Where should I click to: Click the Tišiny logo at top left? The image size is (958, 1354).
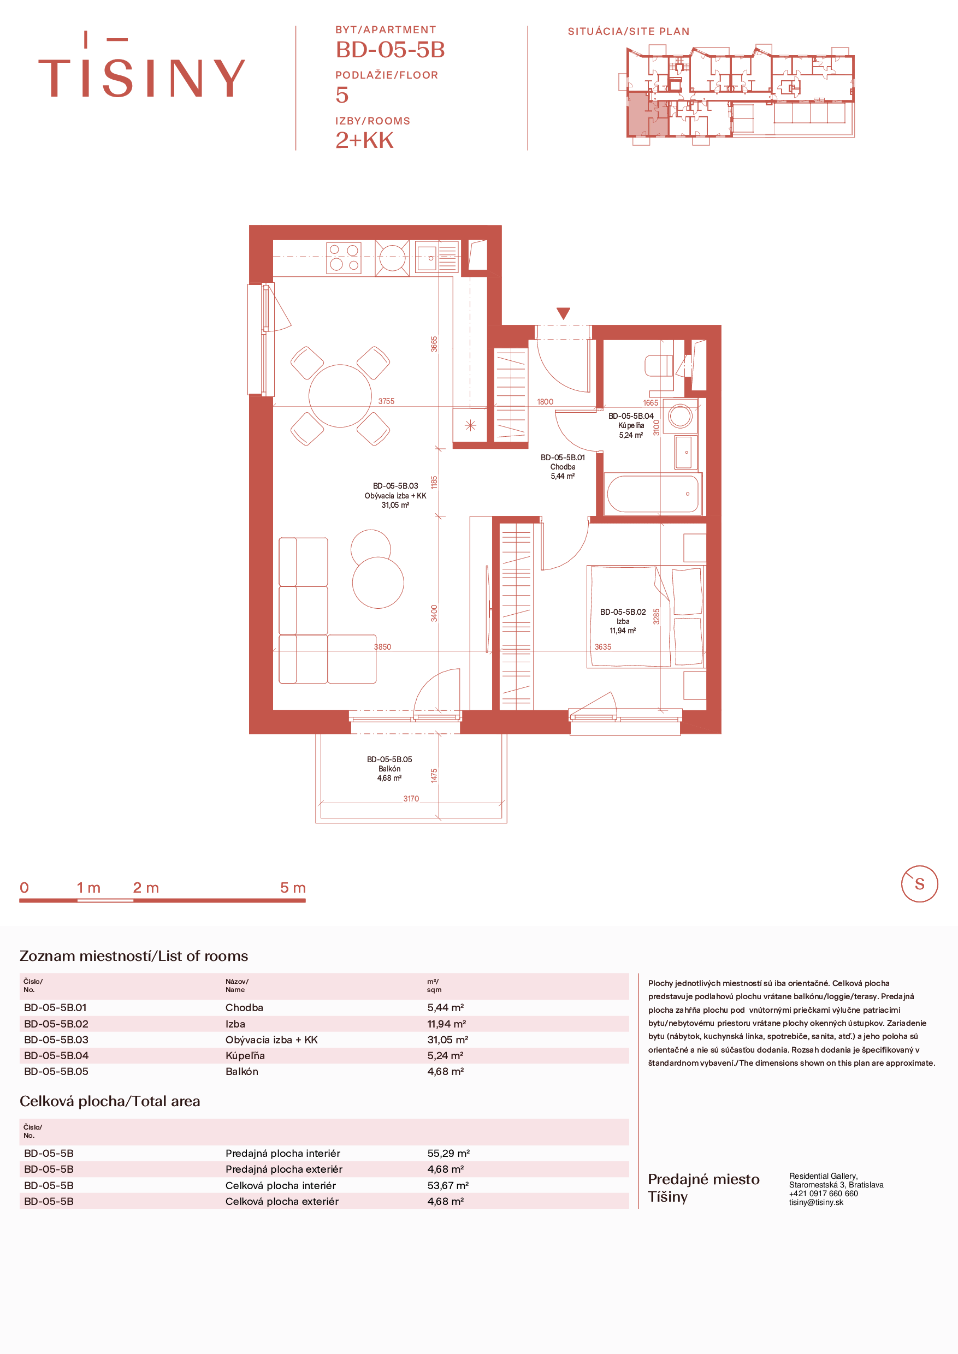pyautogui.click(x=141, y=64)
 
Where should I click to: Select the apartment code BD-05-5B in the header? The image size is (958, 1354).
pyautogui.click(x=390, y=50)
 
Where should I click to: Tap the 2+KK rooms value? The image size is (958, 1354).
pyautogui.click(x=364, y=140)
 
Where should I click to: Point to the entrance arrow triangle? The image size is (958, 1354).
pyautogui.click(x=563, y=313)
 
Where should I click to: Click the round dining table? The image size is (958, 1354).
pyautogui.click(x=340, y=396)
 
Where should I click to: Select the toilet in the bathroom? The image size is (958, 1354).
pyautogui.click(x=658, y=366)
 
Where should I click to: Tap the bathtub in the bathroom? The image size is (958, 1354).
pyautogui.click(x=653, y=494)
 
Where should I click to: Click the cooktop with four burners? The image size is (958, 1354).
pyautogui.click(x=344, y=258)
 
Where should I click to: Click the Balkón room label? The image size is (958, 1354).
pyautogui.click(x=389, y=768)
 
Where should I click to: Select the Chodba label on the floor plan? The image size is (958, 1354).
pyautogui.click(x=563, y=466)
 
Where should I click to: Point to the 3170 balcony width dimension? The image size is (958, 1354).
pyautogui.click(x=411, y=799)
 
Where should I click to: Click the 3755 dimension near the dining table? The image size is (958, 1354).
pyautogui.click(x=386, y=401)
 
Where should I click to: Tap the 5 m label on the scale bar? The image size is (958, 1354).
pyautogui.click(x=293, y=888)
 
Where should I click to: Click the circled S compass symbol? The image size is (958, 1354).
pyautogui.click(x=919, y=883)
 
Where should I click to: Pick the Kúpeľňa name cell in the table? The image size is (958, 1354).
pyautogui.click(x=245, y=1055)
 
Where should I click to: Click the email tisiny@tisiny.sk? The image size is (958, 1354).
pyautogui.click(x=817, y=1202)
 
